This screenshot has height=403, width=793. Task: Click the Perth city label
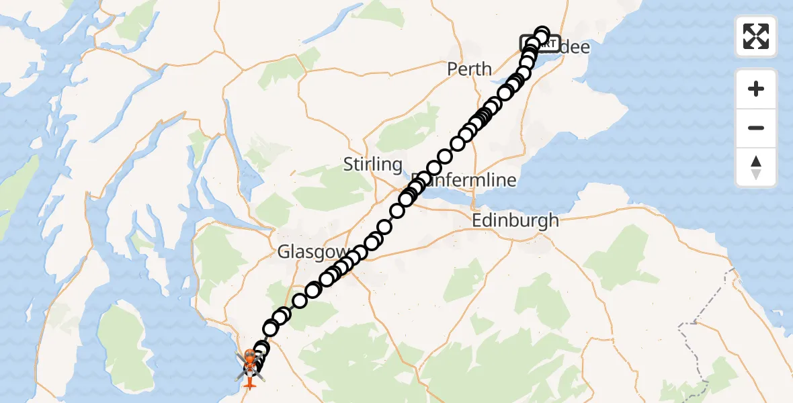point(469,69)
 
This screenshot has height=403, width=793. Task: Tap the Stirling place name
point(372,165)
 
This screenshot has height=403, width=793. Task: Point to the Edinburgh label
point(515,220)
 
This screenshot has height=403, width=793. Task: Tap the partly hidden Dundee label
point(573,47)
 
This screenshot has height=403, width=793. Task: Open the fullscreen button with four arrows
point(756,36)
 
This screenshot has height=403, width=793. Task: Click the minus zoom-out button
point(756,128)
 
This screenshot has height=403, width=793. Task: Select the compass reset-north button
point(756,167)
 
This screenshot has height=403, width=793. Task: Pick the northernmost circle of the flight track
point(542,34)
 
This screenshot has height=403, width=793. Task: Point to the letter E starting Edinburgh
point(477,220)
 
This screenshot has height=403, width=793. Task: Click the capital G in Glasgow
point(284,253)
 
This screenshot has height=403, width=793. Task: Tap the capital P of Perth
point(452,69)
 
